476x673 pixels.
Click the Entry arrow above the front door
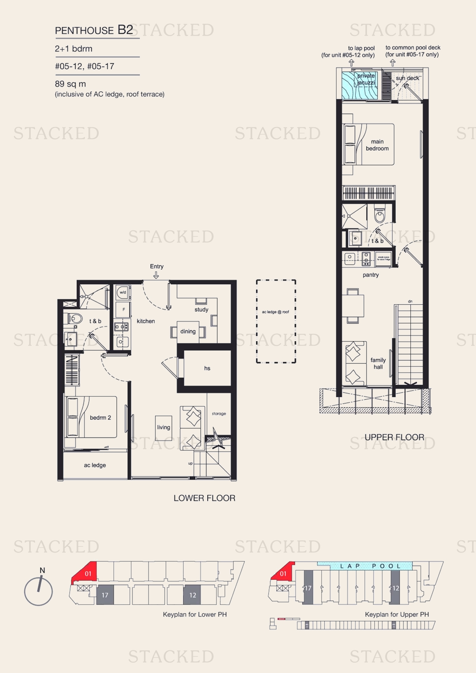[156, 275]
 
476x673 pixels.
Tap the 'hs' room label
[207, 368]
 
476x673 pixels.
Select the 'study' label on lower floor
[201, 310]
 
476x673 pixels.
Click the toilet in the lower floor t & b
[76, 318]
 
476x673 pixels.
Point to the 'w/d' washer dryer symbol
[123, 292]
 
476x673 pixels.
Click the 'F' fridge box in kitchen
[123, 310]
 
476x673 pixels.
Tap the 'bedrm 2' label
[100, 417]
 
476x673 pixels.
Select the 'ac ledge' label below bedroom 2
[95, 465]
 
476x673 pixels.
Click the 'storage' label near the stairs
[219, 414]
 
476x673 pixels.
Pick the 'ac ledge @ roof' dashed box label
[275, 312]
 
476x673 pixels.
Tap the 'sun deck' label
[407, 78]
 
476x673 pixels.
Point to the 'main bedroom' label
[377, 145]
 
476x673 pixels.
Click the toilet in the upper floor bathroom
[380, 216]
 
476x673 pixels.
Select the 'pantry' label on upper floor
[370, 275]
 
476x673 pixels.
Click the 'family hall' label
[378, 363]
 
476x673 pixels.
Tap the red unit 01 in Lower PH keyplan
[88, 573]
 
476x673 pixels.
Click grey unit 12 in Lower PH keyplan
[192, 595]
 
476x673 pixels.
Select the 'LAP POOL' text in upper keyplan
[370, 566]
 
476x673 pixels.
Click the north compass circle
[38, 592]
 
